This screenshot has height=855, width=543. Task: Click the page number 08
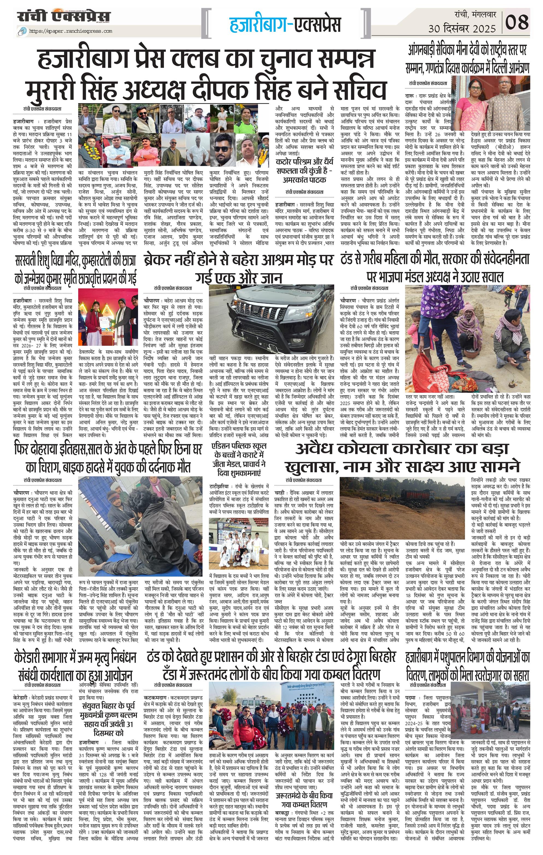pos(517,22)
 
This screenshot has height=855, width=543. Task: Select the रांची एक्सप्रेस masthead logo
pos(64,17)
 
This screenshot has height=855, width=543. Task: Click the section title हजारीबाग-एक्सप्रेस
pos(285,24)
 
